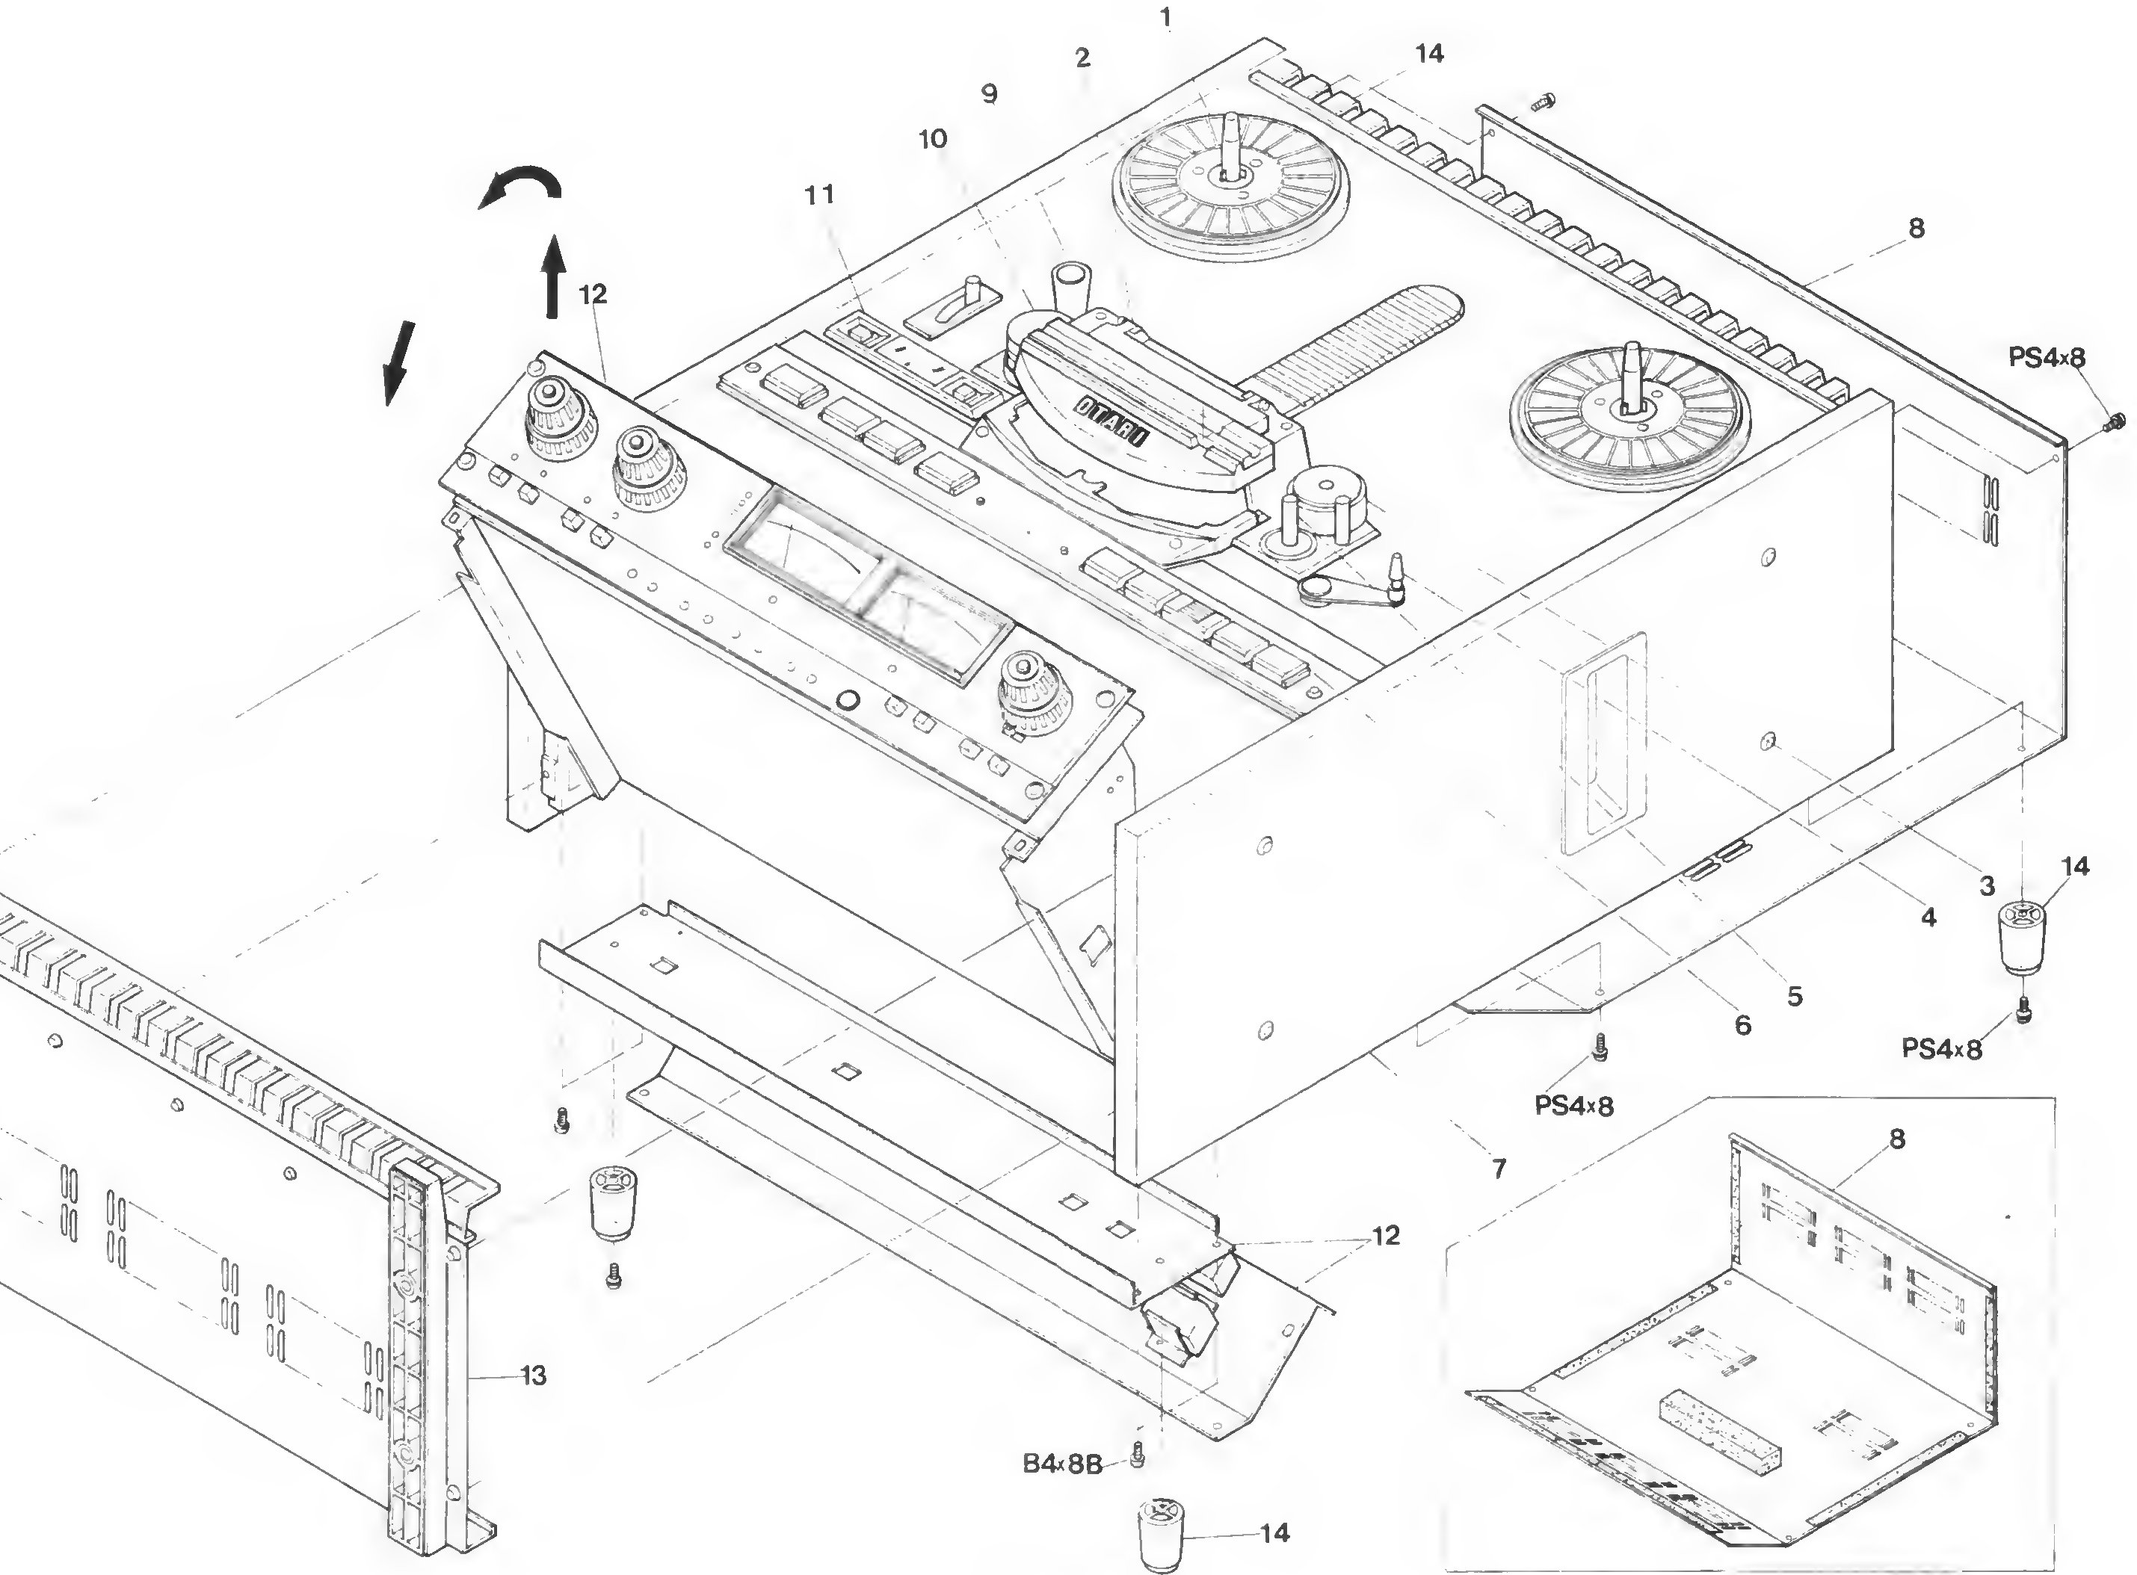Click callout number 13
[x=533, y=1375]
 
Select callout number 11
[x=819, y=194]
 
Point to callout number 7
[x=1499, y=1168]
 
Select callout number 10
[x=933, y=139]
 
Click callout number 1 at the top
[x=1165, y=17]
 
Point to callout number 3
[x=1986, y=885]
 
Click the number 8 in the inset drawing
[x=1897, y=1139]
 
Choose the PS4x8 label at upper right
[x=2047, y=358]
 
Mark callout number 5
[x=1795, y=996]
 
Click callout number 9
[x=989, y=94]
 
